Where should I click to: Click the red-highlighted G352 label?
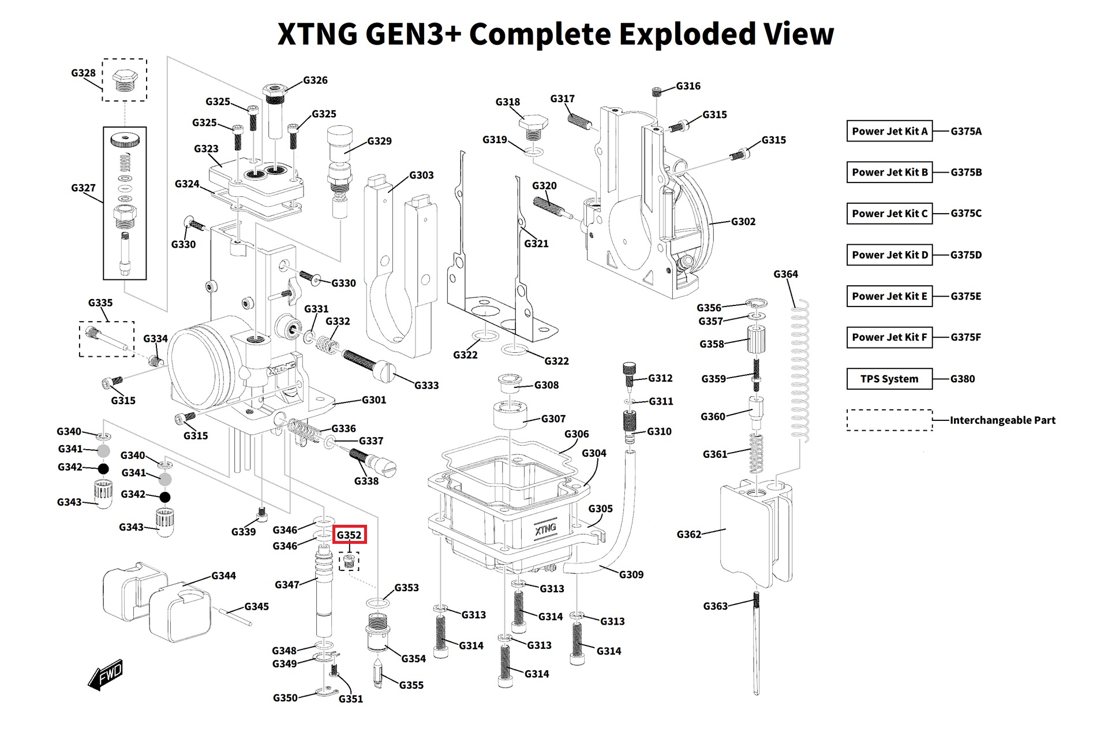pos(349,535)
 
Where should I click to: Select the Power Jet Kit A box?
pos(889,131)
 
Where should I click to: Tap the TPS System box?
pos(889,379)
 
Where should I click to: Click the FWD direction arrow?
pos(106,674)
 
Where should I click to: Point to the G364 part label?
pos(785,274)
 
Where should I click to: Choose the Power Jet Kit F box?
pos(889,337)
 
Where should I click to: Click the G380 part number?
pos(963,379)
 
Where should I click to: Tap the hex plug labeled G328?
pos(124,80)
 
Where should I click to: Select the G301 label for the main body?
pos(374,400)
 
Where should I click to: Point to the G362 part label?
pos(689,535)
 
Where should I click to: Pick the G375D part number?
pos(966,255)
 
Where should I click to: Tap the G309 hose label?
pos(631,574)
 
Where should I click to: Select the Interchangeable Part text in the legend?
pos(1002,420)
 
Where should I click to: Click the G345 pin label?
pos(256,606)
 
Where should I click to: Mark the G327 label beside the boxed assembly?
pos(83,188)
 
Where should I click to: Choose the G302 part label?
pos(743,221)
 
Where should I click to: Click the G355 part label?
pos(411,685)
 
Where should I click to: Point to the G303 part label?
pos(421,175)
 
